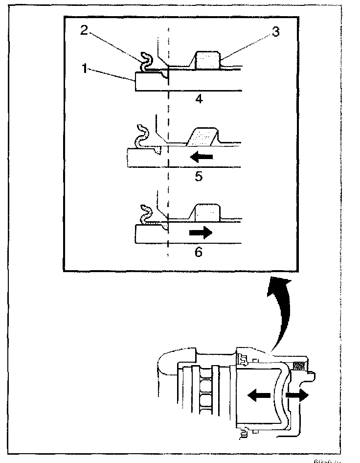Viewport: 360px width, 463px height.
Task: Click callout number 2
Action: tap(85, 30)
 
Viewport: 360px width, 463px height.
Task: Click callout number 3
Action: tap(275, 32)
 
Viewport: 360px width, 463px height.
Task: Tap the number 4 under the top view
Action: tap(199, 99)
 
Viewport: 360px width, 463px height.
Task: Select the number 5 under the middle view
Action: tap(199, 176)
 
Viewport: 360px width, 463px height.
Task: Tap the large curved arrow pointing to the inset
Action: tap(277, 313)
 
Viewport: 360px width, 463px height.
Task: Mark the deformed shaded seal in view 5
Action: tap(203, 138)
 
